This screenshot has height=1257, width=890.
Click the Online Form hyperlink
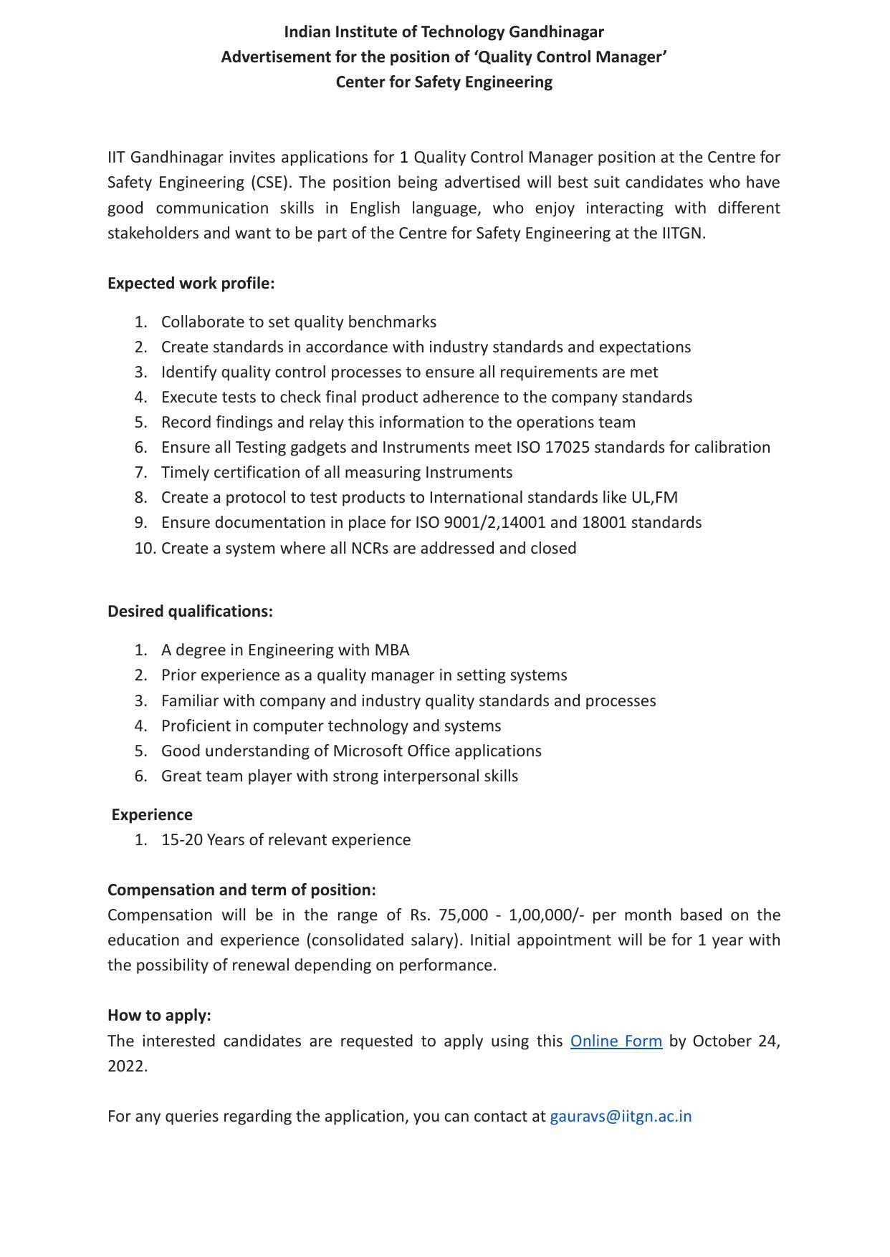point(616,1041)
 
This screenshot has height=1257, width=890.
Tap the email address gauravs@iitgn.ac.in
point(621,1116)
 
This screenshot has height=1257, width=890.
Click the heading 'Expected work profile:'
point(191,284)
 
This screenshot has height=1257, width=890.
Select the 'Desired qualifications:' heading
point(190,612)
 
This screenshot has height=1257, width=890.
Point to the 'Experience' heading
point(152,815)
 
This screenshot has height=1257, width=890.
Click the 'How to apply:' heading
point(159,1016)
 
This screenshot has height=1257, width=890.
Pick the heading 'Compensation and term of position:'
point(241,890)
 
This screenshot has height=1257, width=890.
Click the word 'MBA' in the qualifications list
point(391,650)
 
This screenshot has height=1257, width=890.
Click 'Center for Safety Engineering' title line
point(444,82)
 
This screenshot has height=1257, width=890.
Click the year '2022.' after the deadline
point(128,1066)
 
